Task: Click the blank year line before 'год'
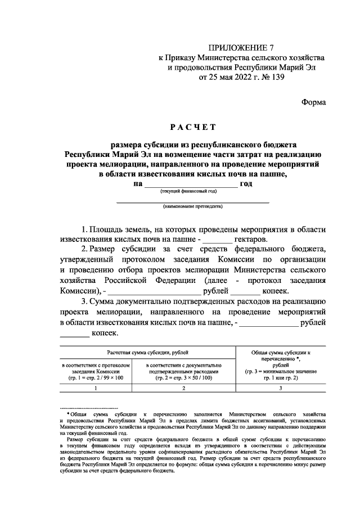click(191, 186)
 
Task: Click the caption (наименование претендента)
click(192, 207)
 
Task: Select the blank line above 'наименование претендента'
click(192, 201)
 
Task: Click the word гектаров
click(251, 240)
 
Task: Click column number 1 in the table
click(96, 389)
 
